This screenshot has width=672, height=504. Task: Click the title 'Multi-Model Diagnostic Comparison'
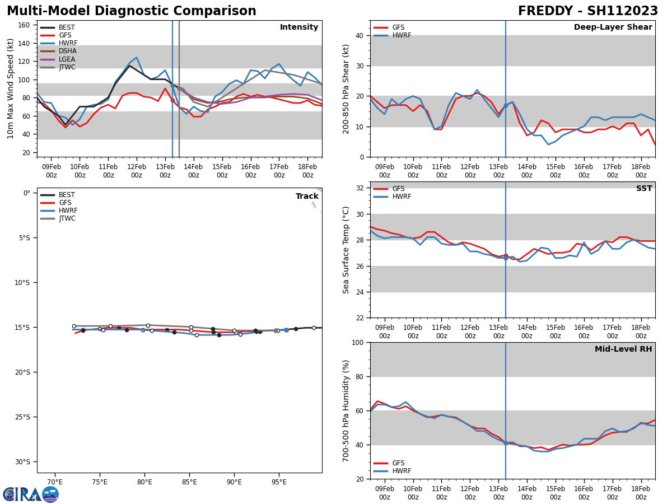point(132,11)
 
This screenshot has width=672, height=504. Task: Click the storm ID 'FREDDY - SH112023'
point(587,11)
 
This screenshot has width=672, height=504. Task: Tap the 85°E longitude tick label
point(189,482)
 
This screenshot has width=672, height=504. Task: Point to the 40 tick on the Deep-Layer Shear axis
point(358,35)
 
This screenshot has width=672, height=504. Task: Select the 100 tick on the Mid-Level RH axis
point(356,342)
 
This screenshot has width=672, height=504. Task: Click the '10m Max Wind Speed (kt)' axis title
point(11,88)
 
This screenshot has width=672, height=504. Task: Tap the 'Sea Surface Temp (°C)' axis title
point(346,250)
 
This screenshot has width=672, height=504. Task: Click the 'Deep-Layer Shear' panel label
point(613,27)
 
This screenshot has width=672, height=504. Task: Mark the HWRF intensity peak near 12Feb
point(136,58)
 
